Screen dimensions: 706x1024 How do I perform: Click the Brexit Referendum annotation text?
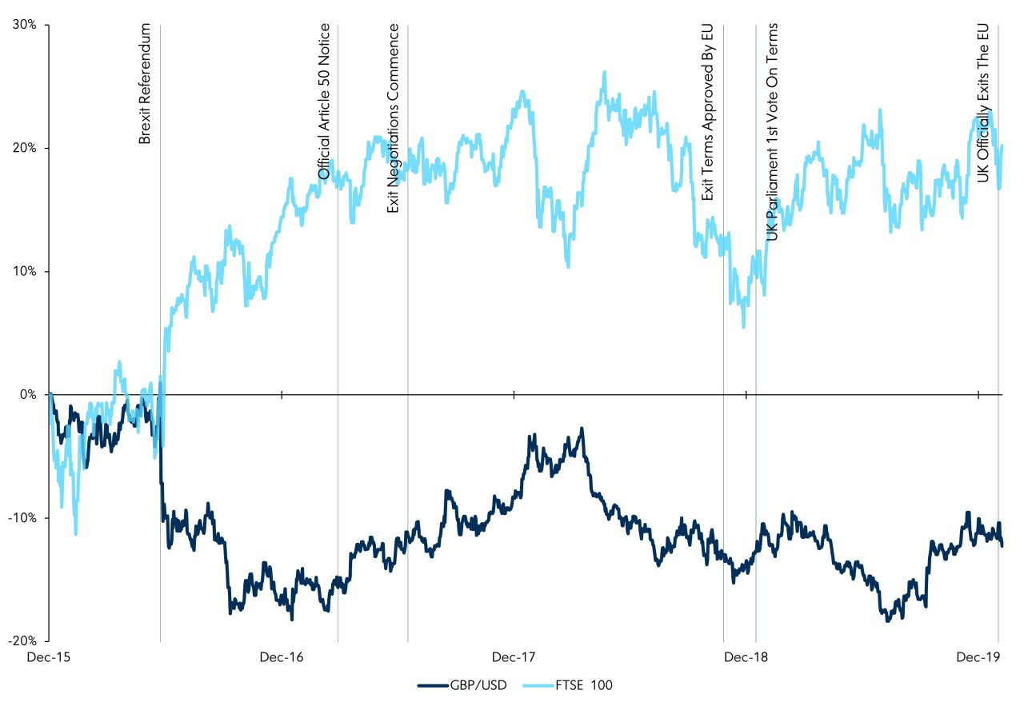[145, 85]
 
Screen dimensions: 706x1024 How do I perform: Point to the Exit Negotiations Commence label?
[393, 118]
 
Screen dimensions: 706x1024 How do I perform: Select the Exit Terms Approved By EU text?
[707, 111]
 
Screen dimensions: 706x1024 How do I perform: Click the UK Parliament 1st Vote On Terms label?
[772, 131]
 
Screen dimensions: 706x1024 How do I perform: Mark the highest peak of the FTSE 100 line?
[605, 72]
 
